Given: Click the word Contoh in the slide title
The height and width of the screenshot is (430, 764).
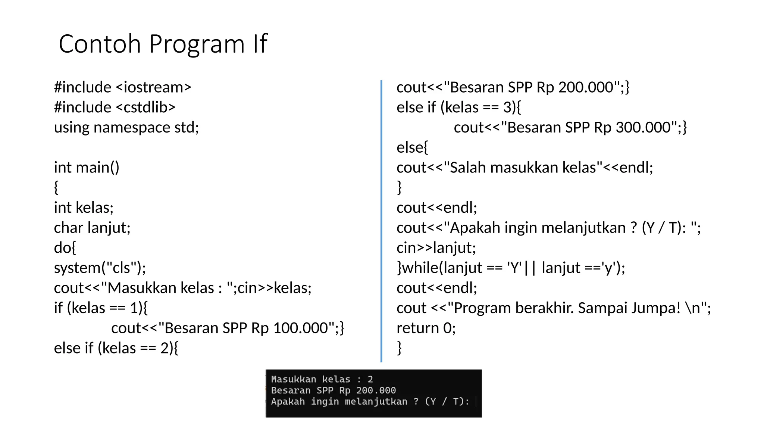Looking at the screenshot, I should [100, 44].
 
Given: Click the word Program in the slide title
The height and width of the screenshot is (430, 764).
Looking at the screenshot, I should [197, 44].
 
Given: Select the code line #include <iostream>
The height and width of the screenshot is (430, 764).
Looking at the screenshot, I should [122, 87].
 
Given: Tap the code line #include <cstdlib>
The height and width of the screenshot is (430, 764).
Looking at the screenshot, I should [115, 107].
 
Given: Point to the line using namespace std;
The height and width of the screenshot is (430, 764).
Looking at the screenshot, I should [126, 128].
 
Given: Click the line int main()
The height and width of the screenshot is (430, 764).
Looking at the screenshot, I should [87, 168].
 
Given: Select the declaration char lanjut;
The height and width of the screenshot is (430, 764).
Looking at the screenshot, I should [92, 228].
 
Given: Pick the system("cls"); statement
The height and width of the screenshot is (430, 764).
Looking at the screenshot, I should [100, 268].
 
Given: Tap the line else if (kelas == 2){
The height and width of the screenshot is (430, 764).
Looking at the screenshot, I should [116, 348].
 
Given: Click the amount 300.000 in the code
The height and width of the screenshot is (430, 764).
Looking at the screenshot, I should [643, 128].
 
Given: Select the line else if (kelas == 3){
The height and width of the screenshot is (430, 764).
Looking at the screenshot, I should [458, 107].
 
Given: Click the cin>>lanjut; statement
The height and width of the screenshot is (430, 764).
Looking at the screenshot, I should [436, 248].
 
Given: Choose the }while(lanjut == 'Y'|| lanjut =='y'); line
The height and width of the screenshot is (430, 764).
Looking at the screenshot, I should [511, 268].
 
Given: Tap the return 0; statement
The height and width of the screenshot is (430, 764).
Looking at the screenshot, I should [426, 328].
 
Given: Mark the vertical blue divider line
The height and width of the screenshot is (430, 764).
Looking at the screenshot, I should [381, 220].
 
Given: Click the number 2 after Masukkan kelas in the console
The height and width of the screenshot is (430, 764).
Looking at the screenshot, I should [370, 379].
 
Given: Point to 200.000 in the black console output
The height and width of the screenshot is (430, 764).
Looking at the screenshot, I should [376, 390].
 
